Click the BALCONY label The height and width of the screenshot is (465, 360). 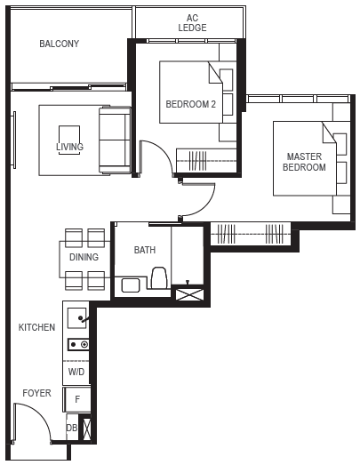(x=59, y=44)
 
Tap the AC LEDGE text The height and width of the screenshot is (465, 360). (x=192, y=23)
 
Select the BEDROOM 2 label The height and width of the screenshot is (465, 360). (x=191, y=104)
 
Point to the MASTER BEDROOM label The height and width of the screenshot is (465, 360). (x=304, y=162)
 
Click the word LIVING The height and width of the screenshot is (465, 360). (x=69, y=147)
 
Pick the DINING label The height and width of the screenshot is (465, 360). (x=84, y=257)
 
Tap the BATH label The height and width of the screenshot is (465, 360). (x=145, y=250)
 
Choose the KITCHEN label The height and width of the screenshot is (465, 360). (x=36, y=327)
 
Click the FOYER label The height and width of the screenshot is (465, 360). (x=36, y=393)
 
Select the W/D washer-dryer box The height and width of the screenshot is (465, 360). (x=76, y=373)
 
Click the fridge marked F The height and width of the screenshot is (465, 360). (x=77, y=399)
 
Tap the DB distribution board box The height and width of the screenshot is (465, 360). (x=72, y=428)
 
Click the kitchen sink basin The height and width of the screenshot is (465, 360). (x=76, y=318)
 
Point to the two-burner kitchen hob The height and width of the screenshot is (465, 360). (x=78, y=344)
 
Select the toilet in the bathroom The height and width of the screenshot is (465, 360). (x=159, y=277)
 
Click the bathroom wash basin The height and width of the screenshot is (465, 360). (x=131, y=285)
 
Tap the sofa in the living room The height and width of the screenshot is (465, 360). (x=115, y=140)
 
